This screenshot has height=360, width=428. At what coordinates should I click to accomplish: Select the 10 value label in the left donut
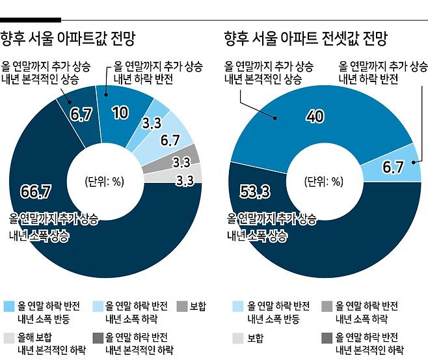(x=119, y=113)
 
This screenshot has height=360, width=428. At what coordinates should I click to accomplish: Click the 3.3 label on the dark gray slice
(x=181, y=161)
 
